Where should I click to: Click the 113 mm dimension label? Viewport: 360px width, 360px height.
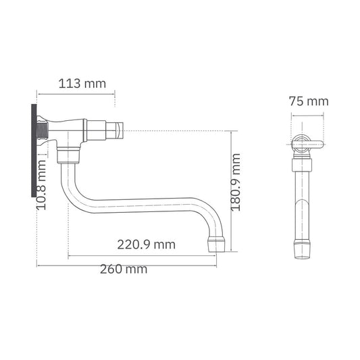pos(82,84)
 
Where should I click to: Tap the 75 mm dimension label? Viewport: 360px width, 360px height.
pos(308,101)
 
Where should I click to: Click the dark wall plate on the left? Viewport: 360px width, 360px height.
pos(33,149)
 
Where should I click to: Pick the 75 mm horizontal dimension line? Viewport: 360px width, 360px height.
pos(308,112)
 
